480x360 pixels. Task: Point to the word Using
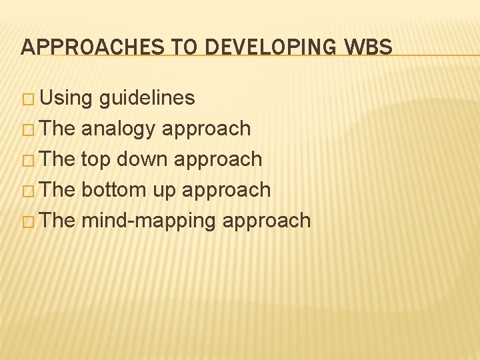tap(67, 99)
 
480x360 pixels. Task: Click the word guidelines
tap(147, 99)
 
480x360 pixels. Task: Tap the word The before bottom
tap(58, 190)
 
